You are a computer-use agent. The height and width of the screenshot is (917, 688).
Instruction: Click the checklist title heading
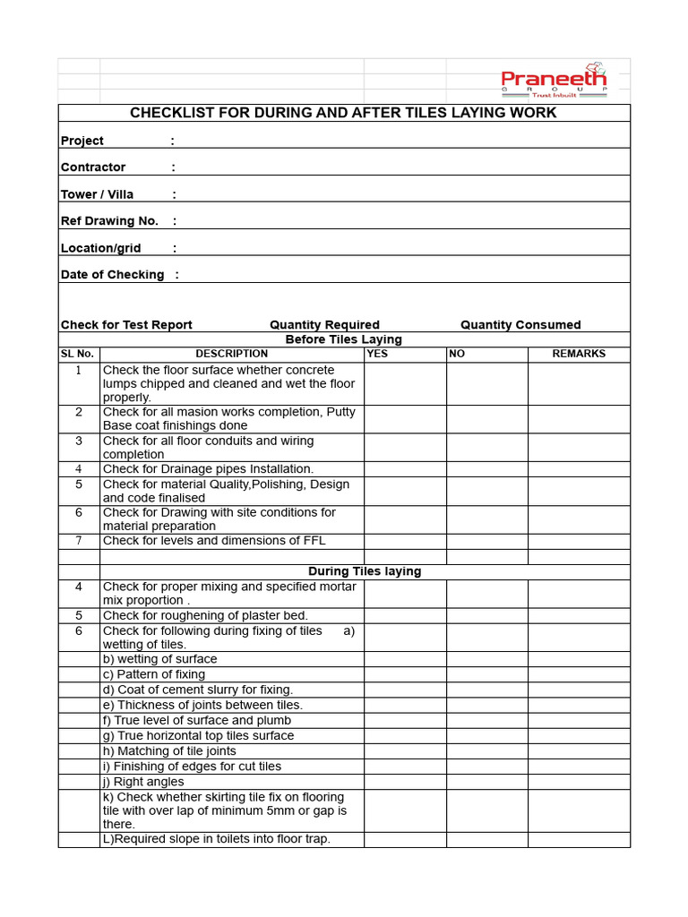point(343,113)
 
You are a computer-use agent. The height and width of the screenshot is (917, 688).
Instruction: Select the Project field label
point(82,141)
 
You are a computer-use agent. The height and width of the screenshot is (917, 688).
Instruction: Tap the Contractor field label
point(93,167)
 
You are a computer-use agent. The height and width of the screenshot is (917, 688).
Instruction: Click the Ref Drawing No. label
point(109,221)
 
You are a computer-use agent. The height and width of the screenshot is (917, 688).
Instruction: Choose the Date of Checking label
point(112,275)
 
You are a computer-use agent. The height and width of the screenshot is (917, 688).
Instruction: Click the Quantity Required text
point(324,325)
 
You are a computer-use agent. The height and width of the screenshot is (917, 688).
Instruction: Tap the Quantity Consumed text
point(520,325)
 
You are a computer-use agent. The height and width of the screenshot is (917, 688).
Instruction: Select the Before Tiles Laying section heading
point(343,339)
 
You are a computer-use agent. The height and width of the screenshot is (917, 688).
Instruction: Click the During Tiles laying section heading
point(365,571)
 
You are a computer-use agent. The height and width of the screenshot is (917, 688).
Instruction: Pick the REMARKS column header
point(579,354)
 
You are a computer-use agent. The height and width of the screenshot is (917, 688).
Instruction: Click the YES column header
point(377,354)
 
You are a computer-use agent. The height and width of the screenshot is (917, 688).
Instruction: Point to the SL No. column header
point(77,354)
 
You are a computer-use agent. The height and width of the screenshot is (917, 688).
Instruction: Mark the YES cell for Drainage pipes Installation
point(405,469)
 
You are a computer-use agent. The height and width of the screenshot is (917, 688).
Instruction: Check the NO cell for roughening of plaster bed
point(486,615)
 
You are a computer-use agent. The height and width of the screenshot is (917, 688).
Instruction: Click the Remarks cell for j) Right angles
point(579,782)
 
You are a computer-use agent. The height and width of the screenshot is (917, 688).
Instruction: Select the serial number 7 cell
point(79,541)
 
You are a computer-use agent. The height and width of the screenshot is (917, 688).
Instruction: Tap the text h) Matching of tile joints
point(169,751)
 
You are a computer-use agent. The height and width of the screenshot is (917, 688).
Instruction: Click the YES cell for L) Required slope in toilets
point(405,839)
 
